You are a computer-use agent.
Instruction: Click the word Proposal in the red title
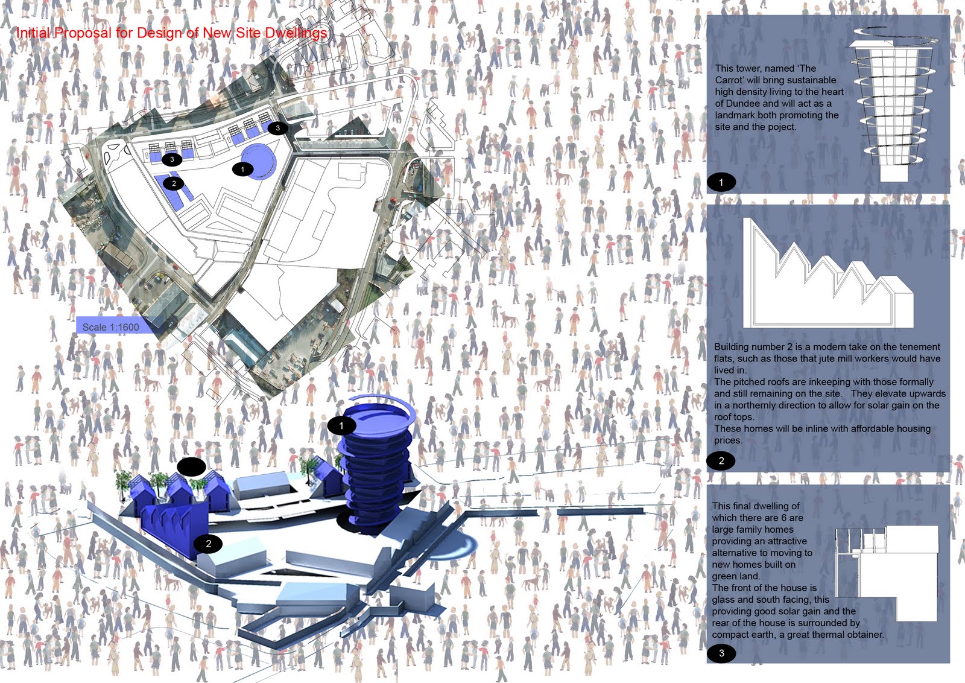(x=83, y=33)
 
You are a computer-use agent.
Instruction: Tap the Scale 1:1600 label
(x=111, y=327)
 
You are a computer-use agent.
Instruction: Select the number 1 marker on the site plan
(x=242, y=170)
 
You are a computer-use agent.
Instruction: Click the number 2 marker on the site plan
(x=174, y=183)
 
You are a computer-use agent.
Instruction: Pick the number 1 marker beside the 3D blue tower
(x=341, y=426)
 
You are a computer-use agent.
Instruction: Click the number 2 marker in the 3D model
(x=208, y=544)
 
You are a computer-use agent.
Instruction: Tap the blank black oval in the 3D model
(x=191, y=467)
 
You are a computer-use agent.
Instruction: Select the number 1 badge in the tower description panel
(x=721, y=182)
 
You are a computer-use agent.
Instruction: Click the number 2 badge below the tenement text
(x=721, y=460)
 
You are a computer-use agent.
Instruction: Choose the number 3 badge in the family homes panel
(x=721, y=653)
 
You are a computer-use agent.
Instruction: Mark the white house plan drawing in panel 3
(x=887, y=573)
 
